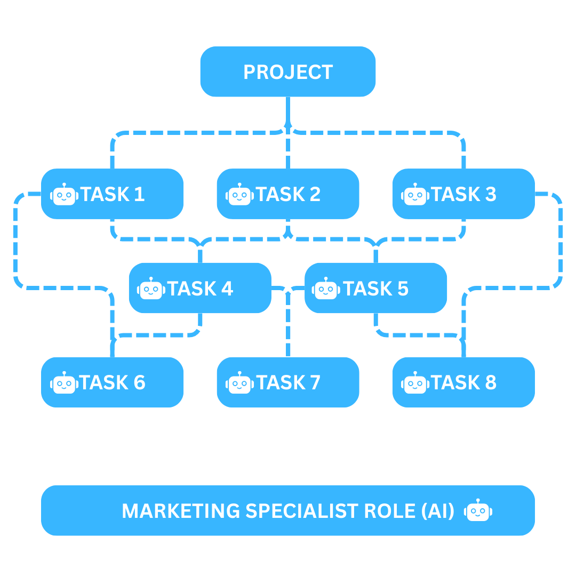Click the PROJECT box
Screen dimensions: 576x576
pyautogui.click(x=288, y=72)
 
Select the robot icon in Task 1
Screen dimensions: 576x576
pyautogui.click(x=64, y=195)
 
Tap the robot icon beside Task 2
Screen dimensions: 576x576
pyautogui.click(x=239, y=195)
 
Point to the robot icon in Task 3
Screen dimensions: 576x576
pyautogui.click(x=415, y=195)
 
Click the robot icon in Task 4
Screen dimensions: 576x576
pyautogui.click(x=151, y=289)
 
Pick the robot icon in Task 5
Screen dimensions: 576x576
pyautogui.click(x=327, y=289)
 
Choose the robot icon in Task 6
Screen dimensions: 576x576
pyautogui.click(x=64, y=383)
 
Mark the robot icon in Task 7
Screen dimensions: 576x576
pyautogui.click(x=239, y=383)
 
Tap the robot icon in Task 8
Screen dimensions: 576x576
pyautogui.click(x=415, y=383)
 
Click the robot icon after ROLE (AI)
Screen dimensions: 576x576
pyautogui.click(x=478, y=511)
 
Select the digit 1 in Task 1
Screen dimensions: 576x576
pyautogui.click(x=140, y=195)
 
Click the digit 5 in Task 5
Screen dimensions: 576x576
pyautogui.click(x=403, y=289)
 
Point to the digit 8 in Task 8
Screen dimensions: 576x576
pyautogui.click(x=490, y=383)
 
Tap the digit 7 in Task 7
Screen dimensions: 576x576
pyautogui.click(x=315, y=383)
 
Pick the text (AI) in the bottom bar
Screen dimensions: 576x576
pyautogui.click(x=437, y=511)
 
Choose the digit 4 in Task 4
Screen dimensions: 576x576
pyautogui.click(x=227, y=289)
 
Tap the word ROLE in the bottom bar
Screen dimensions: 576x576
pyautogui.click(x=390, y=511)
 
